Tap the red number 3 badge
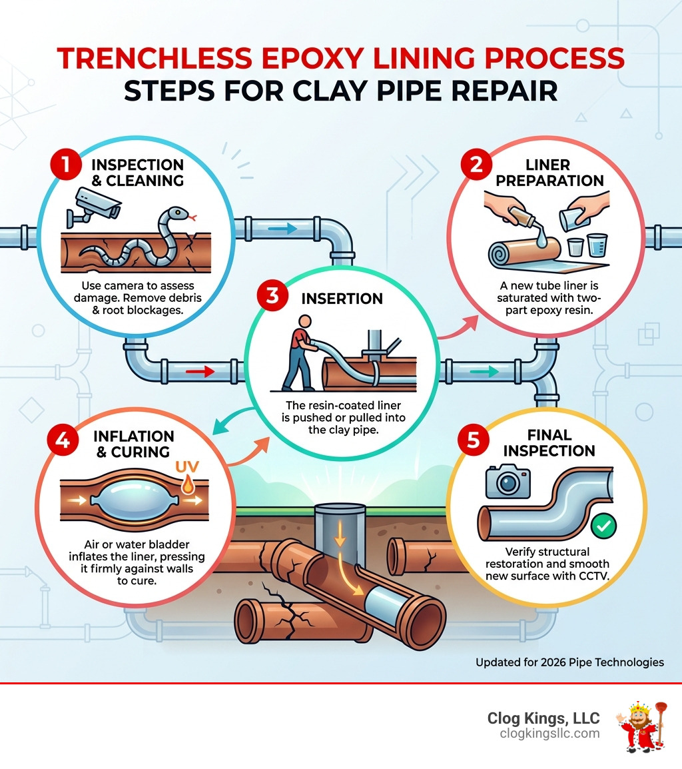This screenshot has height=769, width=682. point(272,297)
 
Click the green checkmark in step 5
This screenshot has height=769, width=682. point(603,526)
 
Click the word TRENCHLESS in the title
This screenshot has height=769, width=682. point(157,59)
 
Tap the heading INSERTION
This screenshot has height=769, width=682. point(342,298)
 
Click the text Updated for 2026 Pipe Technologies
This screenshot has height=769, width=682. point(569,662)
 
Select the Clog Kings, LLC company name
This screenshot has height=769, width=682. point(543,718)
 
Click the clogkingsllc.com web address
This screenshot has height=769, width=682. point(549,734)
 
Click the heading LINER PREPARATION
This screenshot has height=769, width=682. point(550,173)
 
